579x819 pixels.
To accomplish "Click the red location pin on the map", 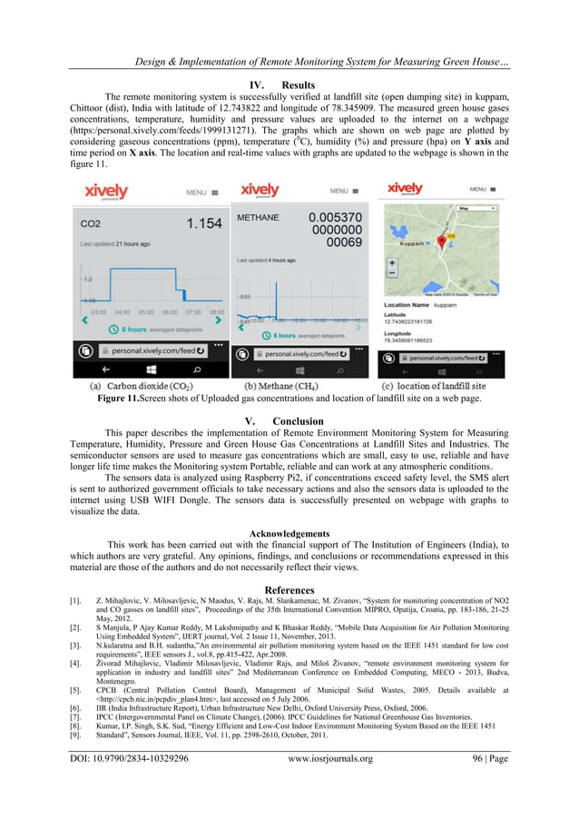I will tap(442, 241).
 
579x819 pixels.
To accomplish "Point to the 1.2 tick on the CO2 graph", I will tap(87, 279).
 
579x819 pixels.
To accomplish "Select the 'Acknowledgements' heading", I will tap(289, 534).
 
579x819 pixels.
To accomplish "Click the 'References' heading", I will tap(289, 589).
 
